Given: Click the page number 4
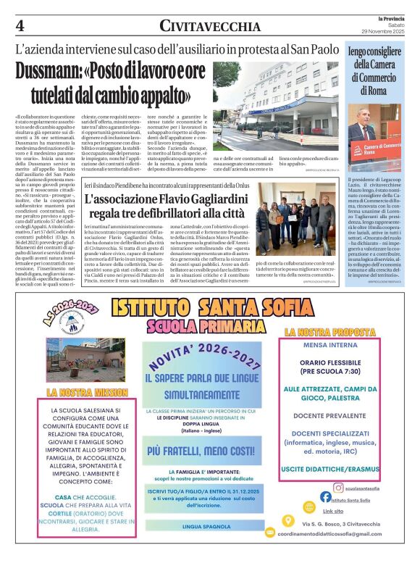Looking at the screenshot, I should click(x=20, y=25).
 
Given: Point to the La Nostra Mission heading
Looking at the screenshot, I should click(x=78, y=392).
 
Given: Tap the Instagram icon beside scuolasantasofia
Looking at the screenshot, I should click(x=338, y=488).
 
